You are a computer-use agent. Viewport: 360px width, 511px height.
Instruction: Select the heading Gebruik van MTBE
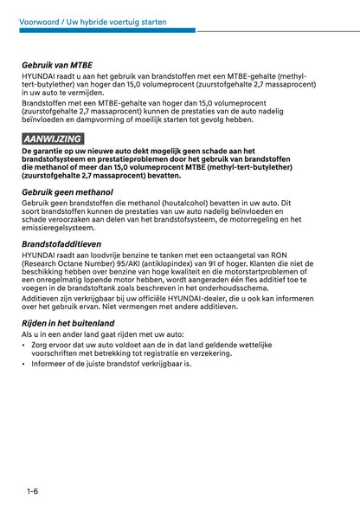point(57,64)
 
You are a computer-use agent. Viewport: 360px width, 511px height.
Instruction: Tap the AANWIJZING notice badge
point(53,139)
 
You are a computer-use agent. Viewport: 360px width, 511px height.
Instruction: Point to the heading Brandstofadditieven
point(62,245)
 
